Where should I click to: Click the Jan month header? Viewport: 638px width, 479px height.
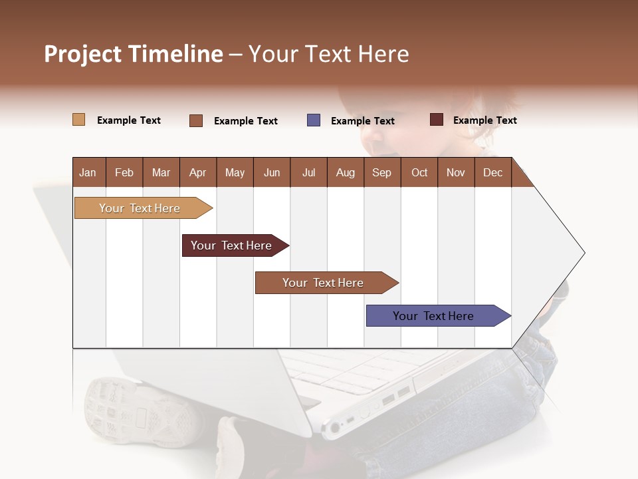pos(88,172)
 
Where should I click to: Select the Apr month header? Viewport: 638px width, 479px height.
pos(198,172)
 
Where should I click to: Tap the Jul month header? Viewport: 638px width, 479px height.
pos(308,172)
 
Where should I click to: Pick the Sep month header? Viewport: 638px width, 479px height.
pos(381,172)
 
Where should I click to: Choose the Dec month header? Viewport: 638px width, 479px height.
pos(492,172)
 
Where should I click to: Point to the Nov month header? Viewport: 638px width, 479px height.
pos(456,172)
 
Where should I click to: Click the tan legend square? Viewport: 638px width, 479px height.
pos(78,120)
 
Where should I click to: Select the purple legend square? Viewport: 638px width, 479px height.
pos(314,120)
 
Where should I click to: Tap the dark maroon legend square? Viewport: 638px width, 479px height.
pos(436,120)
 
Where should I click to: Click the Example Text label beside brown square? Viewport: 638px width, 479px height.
pos(245,121)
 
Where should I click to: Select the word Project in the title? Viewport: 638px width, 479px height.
pos(83,54)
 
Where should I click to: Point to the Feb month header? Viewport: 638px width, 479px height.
pos(124,172)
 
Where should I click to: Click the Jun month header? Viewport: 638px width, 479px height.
pos(272,172)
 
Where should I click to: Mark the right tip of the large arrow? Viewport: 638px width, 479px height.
pos(584,252)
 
